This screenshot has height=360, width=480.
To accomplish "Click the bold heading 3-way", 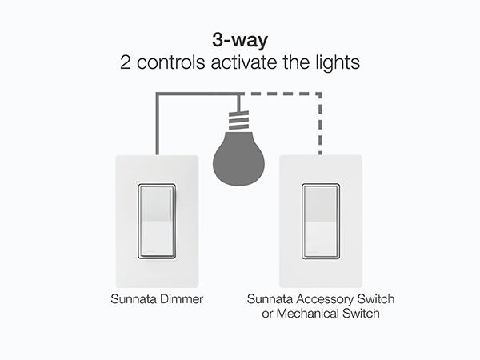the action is click(240, 41).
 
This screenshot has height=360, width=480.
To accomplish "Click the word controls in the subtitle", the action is click(171, 62).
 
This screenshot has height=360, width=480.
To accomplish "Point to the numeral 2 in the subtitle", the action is click(126, 62).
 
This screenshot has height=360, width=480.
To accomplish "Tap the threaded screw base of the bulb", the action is click(238, 121).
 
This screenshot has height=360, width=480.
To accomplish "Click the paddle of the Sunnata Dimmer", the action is click(157, 221).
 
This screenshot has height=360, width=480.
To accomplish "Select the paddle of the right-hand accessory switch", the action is click(321, 221).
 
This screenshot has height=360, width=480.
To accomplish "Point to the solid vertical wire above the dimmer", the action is click(158, 124).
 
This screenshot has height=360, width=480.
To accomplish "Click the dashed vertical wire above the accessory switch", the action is click(320, 124).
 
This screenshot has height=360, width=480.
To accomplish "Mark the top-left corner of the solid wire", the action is click(158, 94).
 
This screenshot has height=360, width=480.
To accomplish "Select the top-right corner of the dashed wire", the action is click(320, 94).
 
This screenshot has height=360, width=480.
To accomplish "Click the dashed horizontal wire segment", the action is click(280, 94).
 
